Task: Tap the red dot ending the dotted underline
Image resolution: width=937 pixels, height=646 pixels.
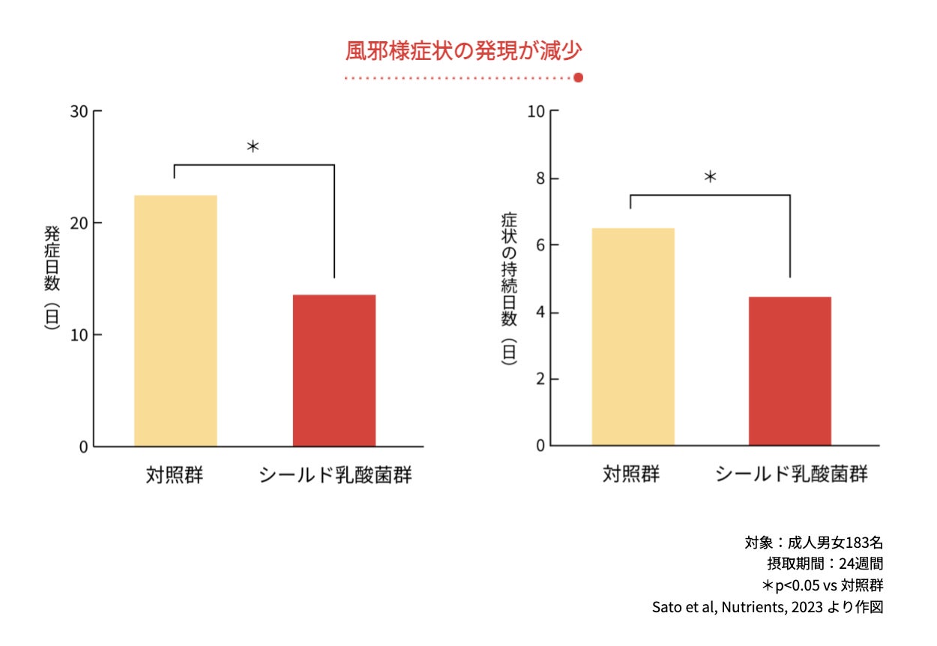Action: point(578,77)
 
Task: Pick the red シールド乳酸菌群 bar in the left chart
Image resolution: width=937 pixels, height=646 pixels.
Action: point(334,370)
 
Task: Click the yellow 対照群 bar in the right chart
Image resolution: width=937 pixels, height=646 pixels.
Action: point(633,336)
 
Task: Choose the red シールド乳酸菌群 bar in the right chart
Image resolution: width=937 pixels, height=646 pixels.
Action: point(790,371)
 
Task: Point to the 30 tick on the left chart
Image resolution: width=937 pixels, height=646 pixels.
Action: point(79,112)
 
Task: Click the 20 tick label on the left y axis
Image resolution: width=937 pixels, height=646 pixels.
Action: point(79,223)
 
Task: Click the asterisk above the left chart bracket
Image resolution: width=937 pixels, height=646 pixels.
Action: point(253,147)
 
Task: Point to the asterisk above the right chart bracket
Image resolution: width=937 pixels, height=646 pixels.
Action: point(710,178)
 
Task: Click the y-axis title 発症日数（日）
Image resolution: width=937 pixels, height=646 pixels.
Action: point(52,277)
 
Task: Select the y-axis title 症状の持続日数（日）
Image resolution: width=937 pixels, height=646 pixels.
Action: point(509,289)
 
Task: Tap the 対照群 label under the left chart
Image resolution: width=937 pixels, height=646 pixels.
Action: point(175,475)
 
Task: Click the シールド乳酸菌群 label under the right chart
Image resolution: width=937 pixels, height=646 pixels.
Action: point(791,474)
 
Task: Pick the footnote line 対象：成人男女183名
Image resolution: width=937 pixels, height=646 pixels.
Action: point(813,543)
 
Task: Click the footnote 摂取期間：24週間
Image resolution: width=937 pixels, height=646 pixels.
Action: point(821,564)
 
